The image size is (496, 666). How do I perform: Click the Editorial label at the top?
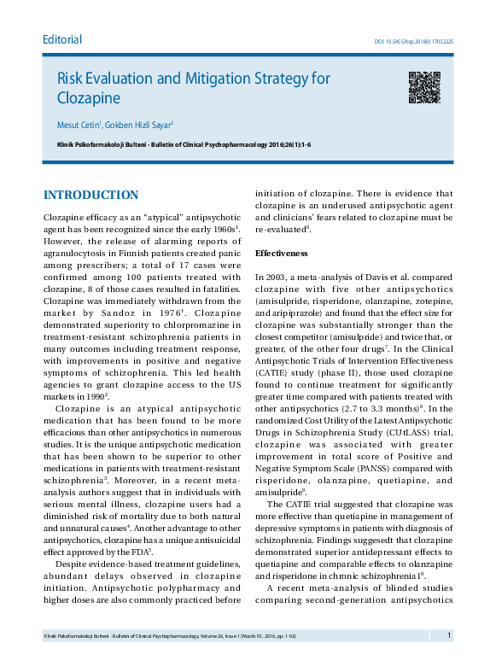click(x=62, y=39)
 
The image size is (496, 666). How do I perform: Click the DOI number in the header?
click(x=414, y=41)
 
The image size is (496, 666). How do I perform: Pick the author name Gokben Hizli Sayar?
click(x=138, y=125)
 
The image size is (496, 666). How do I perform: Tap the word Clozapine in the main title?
click(x=89, y=98)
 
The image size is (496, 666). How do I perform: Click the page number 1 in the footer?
click(x=448, y=635)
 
